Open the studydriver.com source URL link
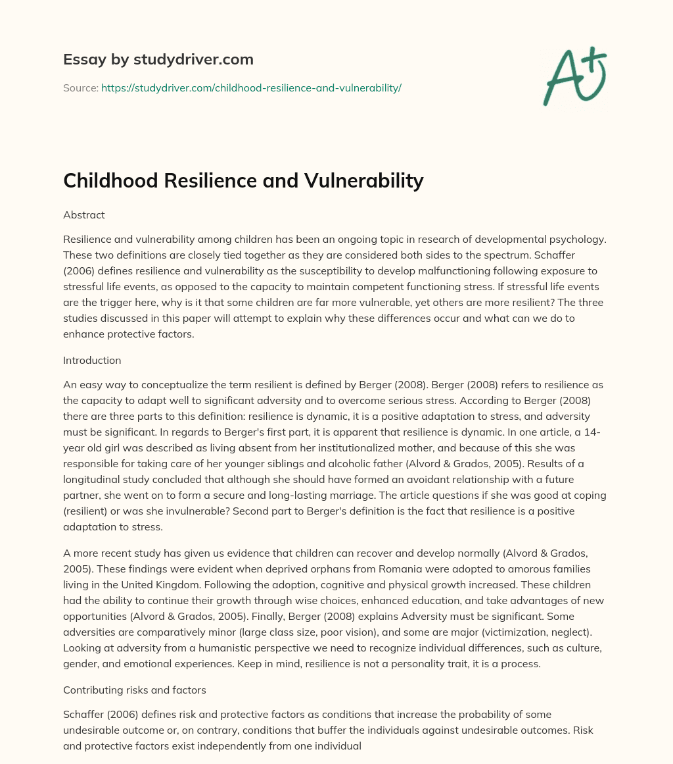(251, 88)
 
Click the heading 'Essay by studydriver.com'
(158, 59)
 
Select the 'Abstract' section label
(84, 215)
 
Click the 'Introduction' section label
(92, 360)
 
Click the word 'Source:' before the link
(81, 88)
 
